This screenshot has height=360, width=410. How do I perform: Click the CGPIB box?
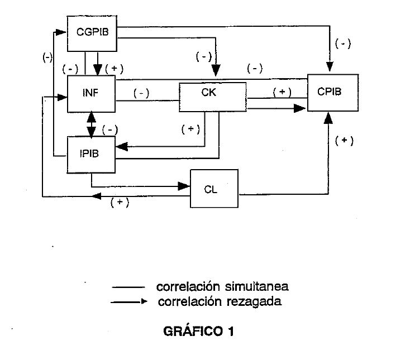click(92, 32)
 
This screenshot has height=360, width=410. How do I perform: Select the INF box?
click(91, 93)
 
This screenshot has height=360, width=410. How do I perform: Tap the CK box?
click(212, 97)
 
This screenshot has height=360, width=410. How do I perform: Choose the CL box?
click(214, 189)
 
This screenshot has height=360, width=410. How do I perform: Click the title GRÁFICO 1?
click(198, 332)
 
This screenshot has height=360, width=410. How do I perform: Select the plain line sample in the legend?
click(128, 287)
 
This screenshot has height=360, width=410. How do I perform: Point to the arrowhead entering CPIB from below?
click(330, 117)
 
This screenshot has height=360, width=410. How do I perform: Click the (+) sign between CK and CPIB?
click(282, 92)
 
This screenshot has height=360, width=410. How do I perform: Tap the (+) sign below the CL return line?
click(120, 203)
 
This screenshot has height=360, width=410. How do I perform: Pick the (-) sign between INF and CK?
click(142, 94)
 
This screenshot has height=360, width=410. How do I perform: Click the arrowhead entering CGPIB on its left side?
click(63, 32)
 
